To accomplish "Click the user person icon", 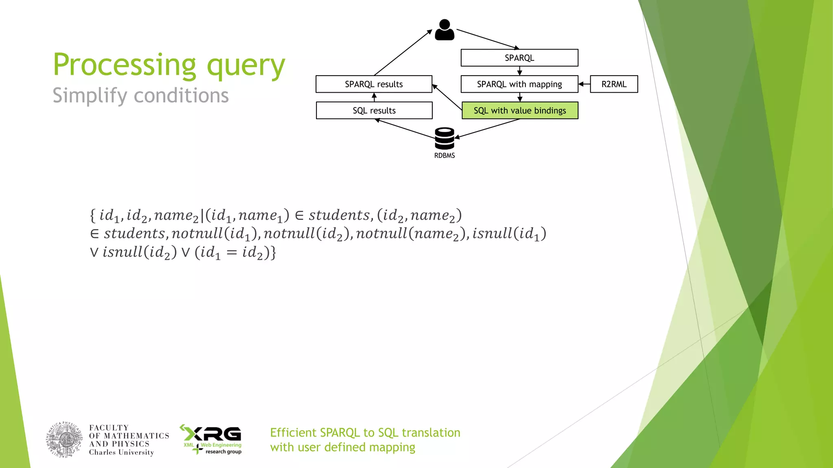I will [444, 30].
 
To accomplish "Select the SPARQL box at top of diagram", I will [519, 58].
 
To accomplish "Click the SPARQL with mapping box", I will [519, 84].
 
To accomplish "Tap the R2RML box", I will [613, 84].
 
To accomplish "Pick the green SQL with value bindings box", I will [519, 110].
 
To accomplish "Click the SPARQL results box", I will [373, 84].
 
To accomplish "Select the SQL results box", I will [373, 110].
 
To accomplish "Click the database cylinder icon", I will [444, 139].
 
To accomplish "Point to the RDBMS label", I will [444, 156].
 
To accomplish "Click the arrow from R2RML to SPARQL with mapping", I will [584, 84].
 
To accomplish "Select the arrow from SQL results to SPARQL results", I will [374, 97].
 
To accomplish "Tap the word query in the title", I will [246, 66].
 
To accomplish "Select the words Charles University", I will [121, 453].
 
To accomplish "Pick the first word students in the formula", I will [339, 215].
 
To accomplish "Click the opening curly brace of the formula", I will [93, 215].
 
